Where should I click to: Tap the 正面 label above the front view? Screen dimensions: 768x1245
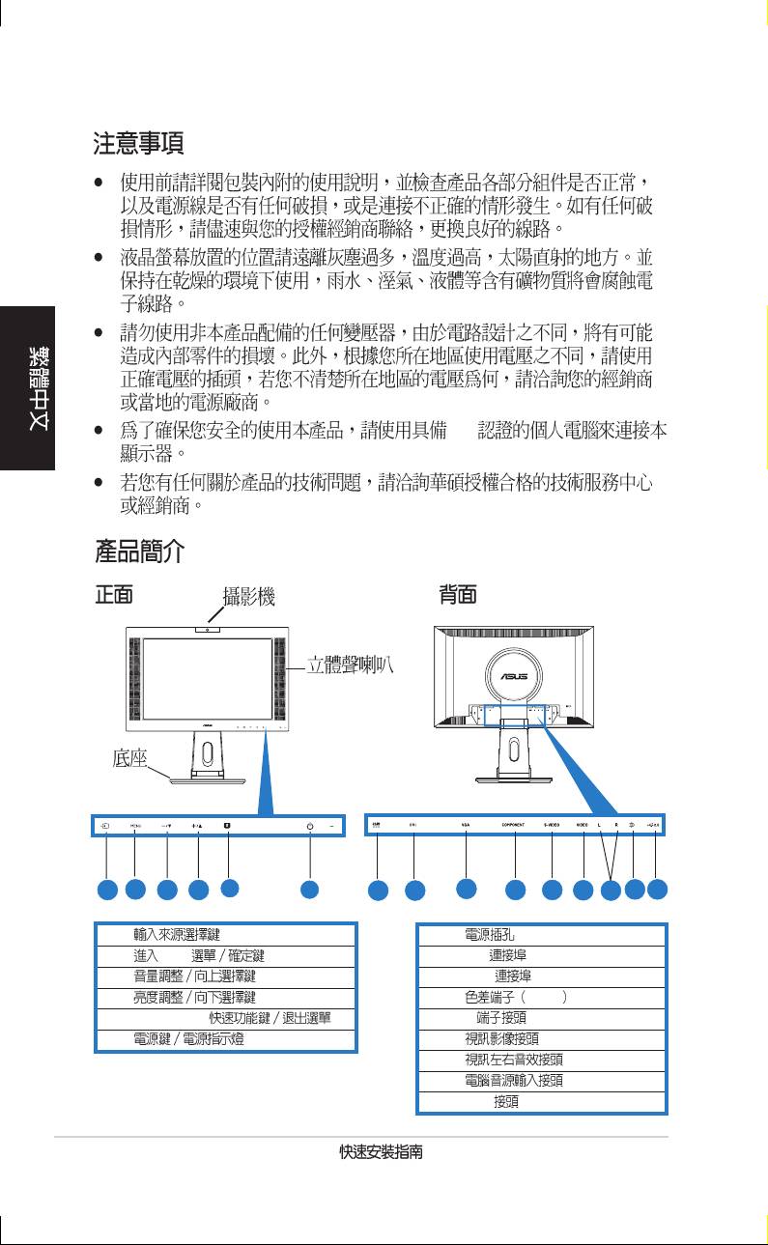(114, 595)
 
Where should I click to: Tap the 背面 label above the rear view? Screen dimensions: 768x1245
(458, 595)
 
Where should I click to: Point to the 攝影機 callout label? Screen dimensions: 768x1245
(248, 597)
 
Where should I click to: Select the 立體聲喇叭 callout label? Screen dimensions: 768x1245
(350, 665)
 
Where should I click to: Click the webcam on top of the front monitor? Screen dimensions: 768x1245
(207, 631)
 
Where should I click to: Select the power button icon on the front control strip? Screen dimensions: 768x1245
(309, 826)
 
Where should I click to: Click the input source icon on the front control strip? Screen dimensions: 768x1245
(104, 826)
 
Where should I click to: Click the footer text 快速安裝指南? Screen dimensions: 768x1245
(384, 1153)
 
